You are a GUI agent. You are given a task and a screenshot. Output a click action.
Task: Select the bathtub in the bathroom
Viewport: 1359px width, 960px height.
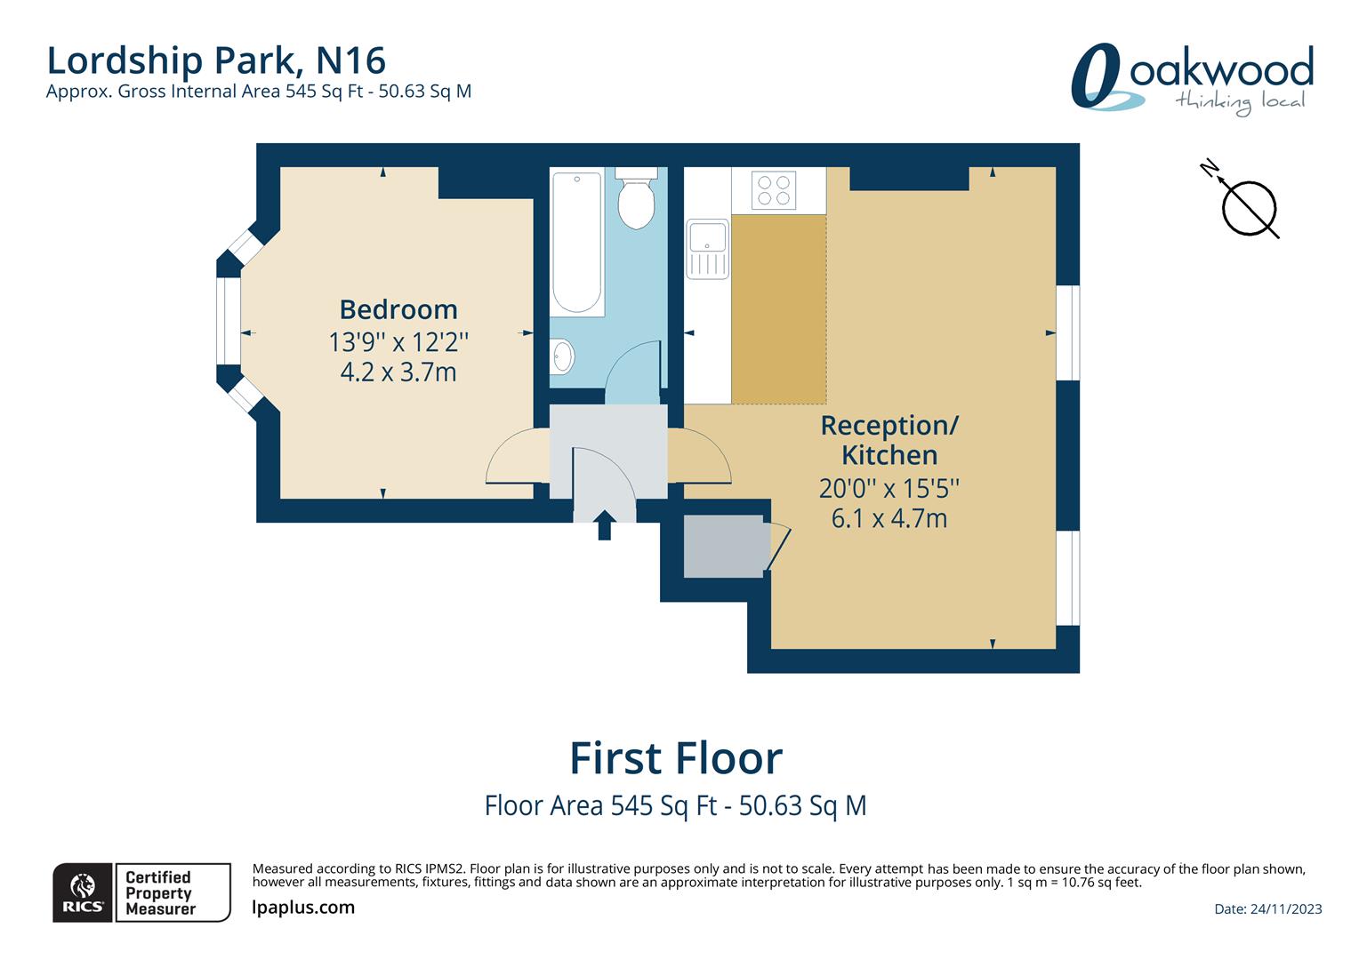[x=577, y=242]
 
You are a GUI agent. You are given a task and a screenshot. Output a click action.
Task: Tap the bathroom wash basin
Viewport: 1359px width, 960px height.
[x=562, y=356]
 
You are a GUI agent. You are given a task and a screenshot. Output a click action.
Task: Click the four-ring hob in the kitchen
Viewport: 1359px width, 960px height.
[x=774, y=190]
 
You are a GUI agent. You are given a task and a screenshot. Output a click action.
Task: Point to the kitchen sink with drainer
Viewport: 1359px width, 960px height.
[x=708, y=249]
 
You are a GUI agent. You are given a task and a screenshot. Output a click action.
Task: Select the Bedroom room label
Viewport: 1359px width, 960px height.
[x=398, y=309]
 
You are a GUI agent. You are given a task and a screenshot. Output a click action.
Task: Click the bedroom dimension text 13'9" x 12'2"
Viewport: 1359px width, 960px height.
[x=398, y=341]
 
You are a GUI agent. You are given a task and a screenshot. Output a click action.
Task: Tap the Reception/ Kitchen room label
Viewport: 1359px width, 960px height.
[x=889, y=440]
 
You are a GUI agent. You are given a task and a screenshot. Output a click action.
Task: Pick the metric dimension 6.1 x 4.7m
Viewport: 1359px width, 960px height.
[x=889, y=518]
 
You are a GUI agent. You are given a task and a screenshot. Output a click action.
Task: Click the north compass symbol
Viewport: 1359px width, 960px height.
[x=1247, y=206]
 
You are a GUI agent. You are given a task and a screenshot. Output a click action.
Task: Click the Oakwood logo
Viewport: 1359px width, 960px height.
[x=1193, y=78]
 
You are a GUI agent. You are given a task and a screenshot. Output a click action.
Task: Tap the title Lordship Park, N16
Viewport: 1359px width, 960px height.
[x=216, y=60]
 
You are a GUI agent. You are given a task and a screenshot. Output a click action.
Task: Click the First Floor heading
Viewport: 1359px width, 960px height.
[x=676, y=759]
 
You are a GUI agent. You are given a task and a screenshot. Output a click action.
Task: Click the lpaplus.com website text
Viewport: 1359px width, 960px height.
[x=303, y=908]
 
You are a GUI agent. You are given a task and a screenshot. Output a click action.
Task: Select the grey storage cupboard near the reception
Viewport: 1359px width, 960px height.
[x=723, y=546]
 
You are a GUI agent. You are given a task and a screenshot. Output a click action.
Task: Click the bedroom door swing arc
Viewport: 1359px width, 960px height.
[x=516, y=456]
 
